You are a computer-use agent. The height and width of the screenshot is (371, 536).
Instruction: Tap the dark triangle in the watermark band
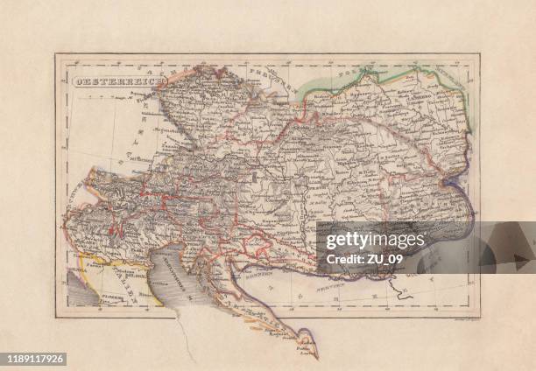tap(520, 258)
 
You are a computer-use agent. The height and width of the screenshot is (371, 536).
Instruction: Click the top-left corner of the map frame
tap(56, 55)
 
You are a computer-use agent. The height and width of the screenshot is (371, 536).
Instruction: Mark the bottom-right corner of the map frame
tap(479, 317)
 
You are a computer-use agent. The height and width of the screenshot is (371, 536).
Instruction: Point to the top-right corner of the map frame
tap(479, 55)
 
